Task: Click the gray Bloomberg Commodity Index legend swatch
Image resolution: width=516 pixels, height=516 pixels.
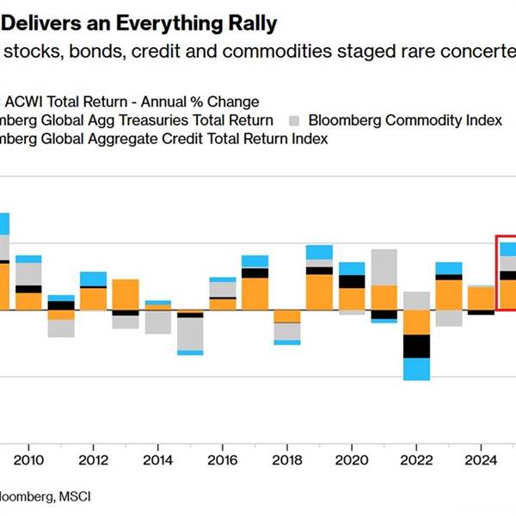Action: click(x=295, y=120)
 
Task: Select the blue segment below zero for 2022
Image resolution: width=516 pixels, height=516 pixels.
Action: click(x=416, y=369)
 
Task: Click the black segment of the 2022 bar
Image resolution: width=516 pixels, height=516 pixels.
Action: click(x=416, y=346)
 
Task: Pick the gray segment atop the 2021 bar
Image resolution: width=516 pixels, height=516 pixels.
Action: click(x=384, y=267)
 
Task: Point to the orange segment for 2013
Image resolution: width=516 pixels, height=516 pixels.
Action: click(x=126, y=294)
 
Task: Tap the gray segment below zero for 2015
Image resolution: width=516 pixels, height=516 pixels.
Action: click(x=190, y=334)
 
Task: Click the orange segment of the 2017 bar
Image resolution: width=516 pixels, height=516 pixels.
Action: click(x=255, y=293)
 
